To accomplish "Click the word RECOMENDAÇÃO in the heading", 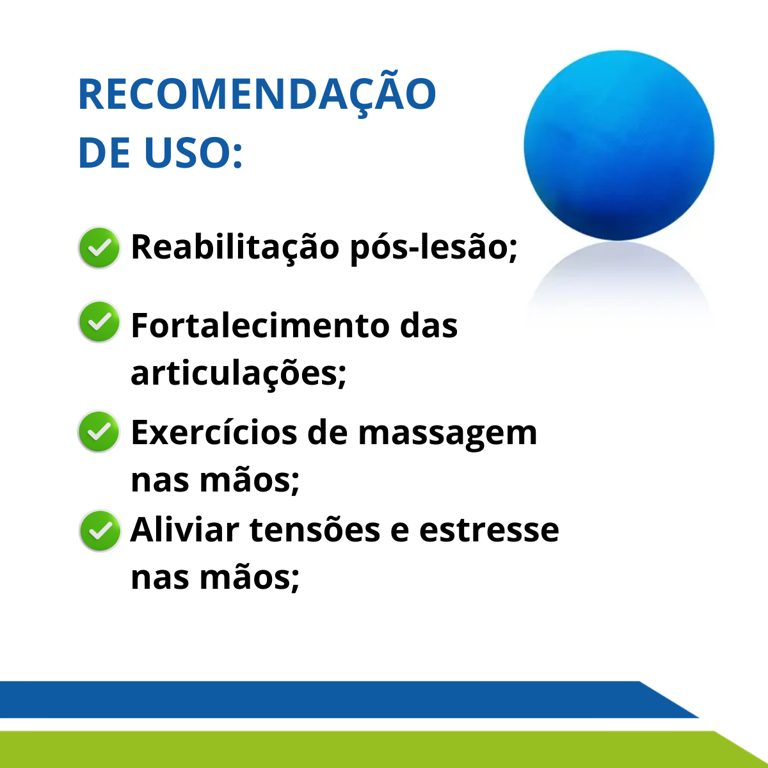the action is point(257,93).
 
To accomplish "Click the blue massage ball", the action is point(618,145).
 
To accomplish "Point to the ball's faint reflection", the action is point(618,279).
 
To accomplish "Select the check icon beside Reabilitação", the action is point(99,248).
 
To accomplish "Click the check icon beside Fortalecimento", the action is point(99,322).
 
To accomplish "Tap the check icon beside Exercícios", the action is point(99,431).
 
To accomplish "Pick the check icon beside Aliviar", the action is point(100,531).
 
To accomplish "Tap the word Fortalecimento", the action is point(260,326).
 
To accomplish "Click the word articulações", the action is point(238,373).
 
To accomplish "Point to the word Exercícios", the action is point(214,433).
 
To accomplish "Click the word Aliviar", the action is point(184,530).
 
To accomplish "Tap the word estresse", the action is point(490,531).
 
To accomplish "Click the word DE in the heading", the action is point(104,154).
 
